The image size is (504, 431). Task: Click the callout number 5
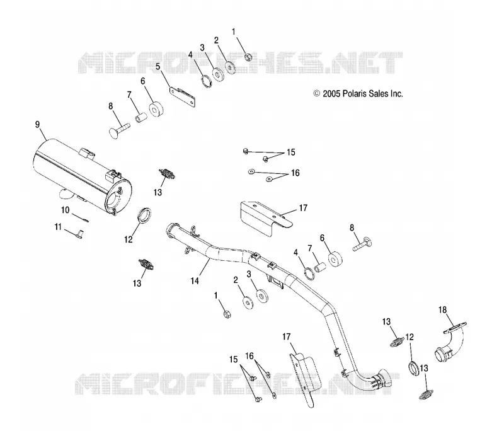point(158,67)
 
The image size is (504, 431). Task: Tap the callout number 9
point(37,124)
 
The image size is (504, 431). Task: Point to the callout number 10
point(66,210)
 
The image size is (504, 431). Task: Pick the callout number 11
point(58,227)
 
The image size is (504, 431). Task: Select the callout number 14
point(195,280)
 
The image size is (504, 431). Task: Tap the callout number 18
point(443,310)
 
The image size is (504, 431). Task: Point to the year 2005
point(331,93)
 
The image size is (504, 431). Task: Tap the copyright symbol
point(317,93)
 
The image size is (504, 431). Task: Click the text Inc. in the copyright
point(397,93)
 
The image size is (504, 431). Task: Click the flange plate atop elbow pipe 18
point(455,327)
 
